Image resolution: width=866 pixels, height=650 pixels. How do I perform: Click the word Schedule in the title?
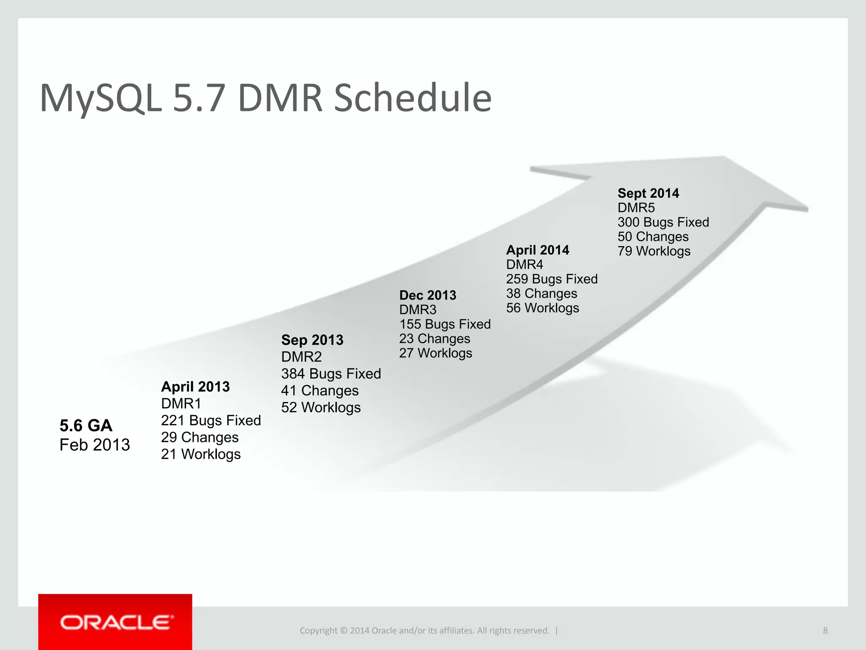pyautogui.click(x=412, y=98)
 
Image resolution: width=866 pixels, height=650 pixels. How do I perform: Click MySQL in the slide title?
pyautogui.click(x=101, y=98)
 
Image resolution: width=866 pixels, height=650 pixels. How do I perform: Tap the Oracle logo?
pyautogui.click(x=115, y=622)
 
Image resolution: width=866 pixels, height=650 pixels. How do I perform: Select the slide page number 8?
pyautogui.click(x=825, y=631)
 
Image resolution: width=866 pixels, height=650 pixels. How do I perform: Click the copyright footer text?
pyautogui.click(x=425, y=631)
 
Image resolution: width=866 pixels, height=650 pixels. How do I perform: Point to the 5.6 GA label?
pyautogui.click(x=86, y=425)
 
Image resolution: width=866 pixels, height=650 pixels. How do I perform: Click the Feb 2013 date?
pyautogui.click(x=95, y=445)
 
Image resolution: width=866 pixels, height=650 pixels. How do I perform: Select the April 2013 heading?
pyautogui.click(x=195, y=386)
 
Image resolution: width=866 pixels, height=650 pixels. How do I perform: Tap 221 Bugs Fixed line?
pyautogui.click(x=211, y=420)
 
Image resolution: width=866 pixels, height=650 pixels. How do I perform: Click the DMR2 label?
pyautogui.click(x=301, y=357)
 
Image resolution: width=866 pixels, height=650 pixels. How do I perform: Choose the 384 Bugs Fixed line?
pyautogui.click(x=331, y=374)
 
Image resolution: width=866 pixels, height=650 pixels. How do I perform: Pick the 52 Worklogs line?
pyautogui.click(x=321, y=408)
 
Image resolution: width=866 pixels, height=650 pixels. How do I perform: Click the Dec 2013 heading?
pyautogui.click(x=428, y=295)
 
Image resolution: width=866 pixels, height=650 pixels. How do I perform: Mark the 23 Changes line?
pyautogui.click(x=435, y=339)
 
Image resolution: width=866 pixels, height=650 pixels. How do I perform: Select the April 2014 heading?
pyautogui.click(x=537, y=250)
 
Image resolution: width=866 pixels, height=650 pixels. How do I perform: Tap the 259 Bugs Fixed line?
pyautogui.click(x=552, y=279)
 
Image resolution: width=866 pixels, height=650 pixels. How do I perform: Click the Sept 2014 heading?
pyautogui.click(x=648, y=193)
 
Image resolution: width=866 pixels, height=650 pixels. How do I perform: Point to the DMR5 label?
pyautogui.click(x=636, y=208)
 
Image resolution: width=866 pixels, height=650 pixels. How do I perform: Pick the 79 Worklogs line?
pyautogui.click(x=654, y=251)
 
